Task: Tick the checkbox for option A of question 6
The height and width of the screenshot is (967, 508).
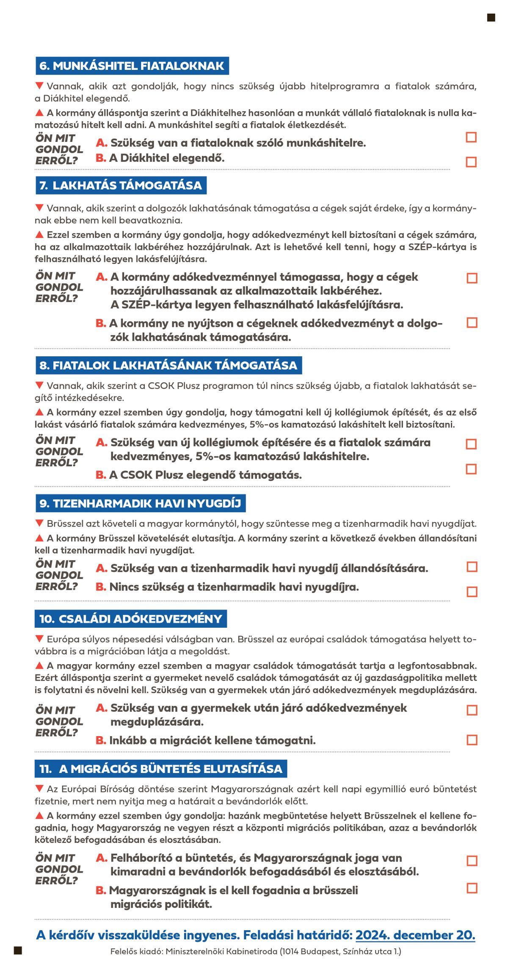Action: [471, 137]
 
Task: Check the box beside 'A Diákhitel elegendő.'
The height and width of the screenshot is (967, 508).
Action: [471, 162]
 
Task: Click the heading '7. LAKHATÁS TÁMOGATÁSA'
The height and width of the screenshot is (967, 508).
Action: [121, 186]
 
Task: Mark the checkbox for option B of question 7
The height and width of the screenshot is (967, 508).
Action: [472, 323]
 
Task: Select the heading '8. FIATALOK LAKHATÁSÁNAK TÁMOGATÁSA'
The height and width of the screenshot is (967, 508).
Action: [168, 366]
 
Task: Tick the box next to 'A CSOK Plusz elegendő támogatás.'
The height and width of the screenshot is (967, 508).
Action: [471, 469]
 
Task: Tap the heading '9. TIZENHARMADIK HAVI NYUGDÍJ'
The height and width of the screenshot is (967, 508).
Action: [140, 503]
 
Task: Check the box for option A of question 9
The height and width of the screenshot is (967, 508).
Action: [472, 567]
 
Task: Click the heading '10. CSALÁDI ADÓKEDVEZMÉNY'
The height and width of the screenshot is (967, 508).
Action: [131, 619]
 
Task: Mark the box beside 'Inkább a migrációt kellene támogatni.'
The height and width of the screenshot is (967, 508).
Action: [472, 740]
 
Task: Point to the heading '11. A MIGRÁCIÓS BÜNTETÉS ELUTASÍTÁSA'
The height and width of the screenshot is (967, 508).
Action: [161, 769]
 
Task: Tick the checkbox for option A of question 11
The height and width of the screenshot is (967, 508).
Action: [472, 861]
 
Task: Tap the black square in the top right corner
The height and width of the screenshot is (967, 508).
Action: [491, 17]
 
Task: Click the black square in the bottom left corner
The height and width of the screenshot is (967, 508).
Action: [18, 951]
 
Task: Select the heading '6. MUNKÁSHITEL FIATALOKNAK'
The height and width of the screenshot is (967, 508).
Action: [132, 66]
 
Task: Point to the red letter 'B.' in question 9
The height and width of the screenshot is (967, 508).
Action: [101, 587]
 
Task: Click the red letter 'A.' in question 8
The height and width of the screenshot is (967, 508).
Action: [102, 443]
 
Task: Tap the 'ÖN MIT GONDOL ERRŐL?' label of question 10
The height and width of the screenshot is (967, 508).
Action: [59, 721]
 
